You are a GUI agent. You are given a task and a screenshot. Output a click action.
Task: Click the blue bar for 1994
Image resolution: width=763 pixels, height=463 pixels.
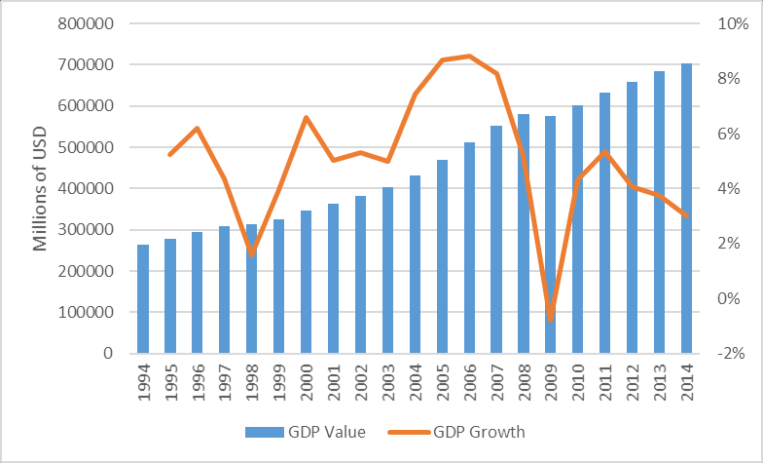pos(143,298)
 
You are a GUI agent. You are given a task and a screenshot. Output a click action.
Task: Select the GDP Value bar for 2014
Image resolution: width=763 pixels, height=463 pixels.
pos(686,209)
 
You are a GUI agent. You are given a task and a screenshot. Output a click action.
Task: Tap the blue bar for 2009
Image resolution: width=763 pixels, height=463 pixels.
pos(551,234)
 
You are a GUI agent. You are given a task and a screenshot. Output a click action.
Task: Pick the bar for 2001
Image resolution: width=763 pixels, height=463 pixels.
pos(333,279)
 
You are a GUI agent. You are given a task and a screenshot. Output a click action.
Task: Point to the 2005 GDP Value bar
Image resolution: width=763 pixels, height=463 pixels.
pos(442,256)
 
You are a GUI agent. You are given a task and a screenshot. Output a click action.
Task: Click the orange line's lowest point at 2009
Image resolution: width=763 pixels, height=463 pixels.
pos(551,321)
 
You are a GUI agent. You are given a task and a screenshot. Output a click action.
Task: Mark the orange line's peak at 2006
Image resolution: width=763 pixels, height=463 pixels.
pos(469,57)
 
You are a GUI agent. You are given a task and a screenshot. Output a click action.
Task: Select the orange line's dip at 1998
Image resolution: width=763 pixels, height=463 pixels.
pos(251,254)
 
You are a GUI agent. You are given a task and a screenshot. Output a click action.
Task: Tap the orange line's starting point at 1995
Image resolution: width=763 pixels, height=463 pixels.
pos(169,155)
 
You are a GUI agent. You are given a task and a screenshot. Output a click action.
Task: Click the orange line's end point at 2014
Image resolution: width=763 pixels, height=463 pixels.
pos(687,215)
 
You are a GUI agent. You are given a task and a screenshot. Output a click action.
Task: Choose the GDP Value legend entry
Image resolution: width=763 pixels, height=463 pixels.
pos(306,432)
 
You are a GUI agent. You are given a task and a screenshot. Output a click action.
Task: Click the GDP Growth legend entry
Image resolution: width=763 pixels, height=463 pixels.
pos(456,432)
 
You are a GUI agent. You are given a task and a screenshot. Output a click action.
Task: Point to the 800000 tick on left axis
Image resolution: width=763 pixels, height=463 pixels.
pos(86,23)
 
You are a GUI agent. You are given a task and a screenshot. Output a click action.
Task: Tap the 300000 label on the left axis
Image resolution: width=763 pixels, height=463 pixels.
pos(86,230)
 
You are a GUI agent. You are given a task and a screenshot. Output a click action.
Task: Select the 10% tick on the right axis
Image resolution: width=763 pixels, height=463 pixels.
pos(733,23)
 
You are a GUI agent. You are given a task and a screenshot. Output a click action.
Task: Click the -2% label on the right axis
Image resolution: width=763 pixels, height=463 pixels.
pos(731,353)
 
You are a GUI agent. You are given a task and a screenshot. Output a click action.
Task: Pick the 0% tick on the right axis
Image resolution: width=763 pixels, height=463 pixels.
pos(728,298)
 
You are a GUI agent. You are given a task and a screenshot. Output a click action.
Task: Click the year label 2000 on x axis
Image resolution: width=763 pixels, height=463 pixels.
pos(307,382)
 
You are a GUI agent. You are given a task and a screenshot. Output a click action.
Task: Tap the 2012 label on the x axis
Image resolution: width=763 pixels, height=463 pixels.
pos(633,382)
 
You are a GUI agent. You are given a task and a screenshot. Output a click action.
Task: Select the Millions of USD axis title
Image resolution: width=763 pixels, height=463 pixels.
pos(40,189)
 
